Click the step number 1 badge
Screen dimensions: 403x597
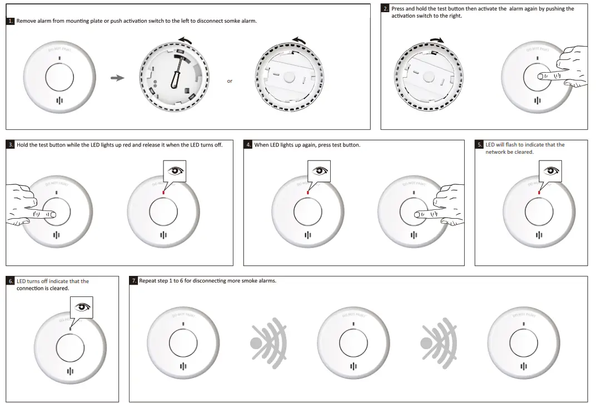click(x=11, y=21)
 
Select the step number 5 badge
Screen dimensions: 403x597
click(x=480, y=145)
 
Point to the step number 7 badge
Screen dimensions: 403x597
click(x=134, y=281)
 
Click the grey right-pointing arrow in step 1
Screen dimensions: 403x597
click(x=117, y=78)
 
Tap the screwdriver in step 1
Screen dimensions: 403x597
click(x=176, y=74)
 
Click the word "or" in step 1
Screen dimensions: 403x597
click(x=230, y=82)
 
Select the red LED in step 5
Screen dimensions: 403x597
click(x=539, y=192)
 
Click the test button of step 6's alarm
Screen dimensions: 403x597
click(x=71, y=349)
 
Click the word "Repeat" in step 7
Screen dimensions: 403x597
click(x=148, y=281)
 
